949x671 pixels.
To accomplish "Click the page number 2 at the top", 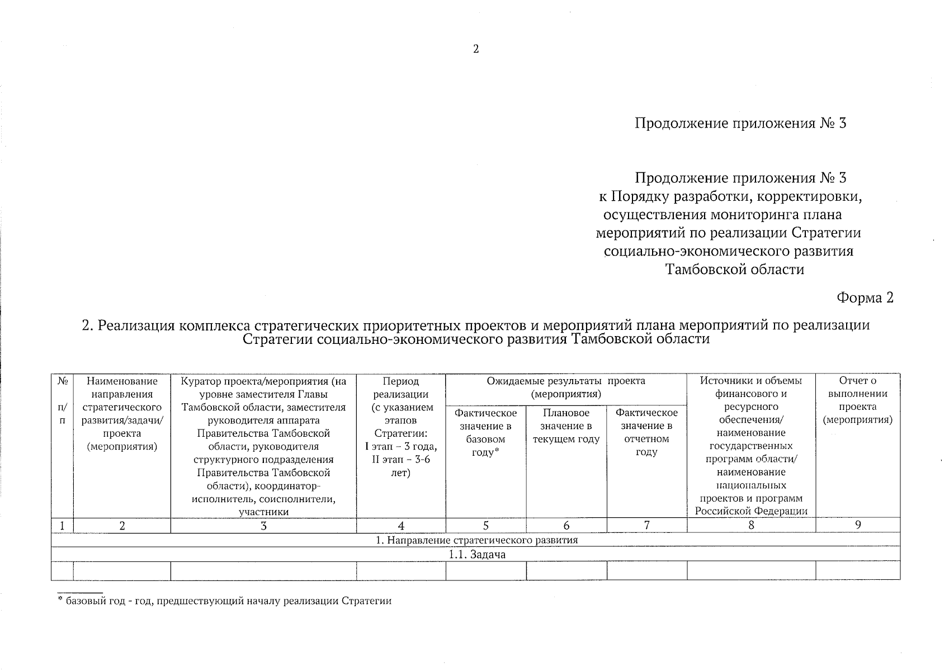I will point(475,49).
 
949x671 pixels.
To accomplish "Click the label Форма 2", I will point(865,298).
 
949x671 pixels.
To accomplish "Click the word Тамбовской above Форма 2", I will point(701,270).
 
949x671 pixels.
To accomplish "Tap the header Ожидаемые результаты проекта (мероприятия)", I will point(565,388).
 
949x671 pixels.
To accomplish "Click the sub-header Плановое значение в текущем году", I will point(566,426).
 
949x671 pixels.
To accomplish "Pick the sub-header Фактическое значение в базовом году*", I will point(485,433).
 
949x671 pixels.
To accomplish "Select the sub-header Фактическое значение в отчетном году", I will point(646,433).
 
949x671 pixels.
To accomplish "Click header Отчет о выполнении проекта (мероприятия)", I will point(857,400).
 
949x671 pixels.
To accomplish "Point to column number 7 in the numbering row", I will point(646,525).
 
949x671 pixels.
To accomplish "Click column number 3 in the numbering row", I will point(263,526).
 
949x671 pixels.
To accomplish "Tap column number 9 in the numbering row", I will point(857,525).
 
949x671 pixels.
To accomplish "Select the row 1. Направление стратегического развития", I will point(476,540).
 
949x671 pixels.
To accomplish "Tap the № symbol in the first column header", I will point(62,381).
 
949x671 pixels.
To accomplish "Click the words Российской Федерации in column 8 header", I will point(751,511).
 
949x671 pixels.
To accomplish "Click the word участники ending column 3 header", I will point(263,512).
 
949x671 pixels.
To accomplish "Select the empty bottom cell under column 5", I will point(485,571).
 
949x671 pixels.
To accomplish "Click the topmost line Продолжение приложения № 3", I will point(740,123).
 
